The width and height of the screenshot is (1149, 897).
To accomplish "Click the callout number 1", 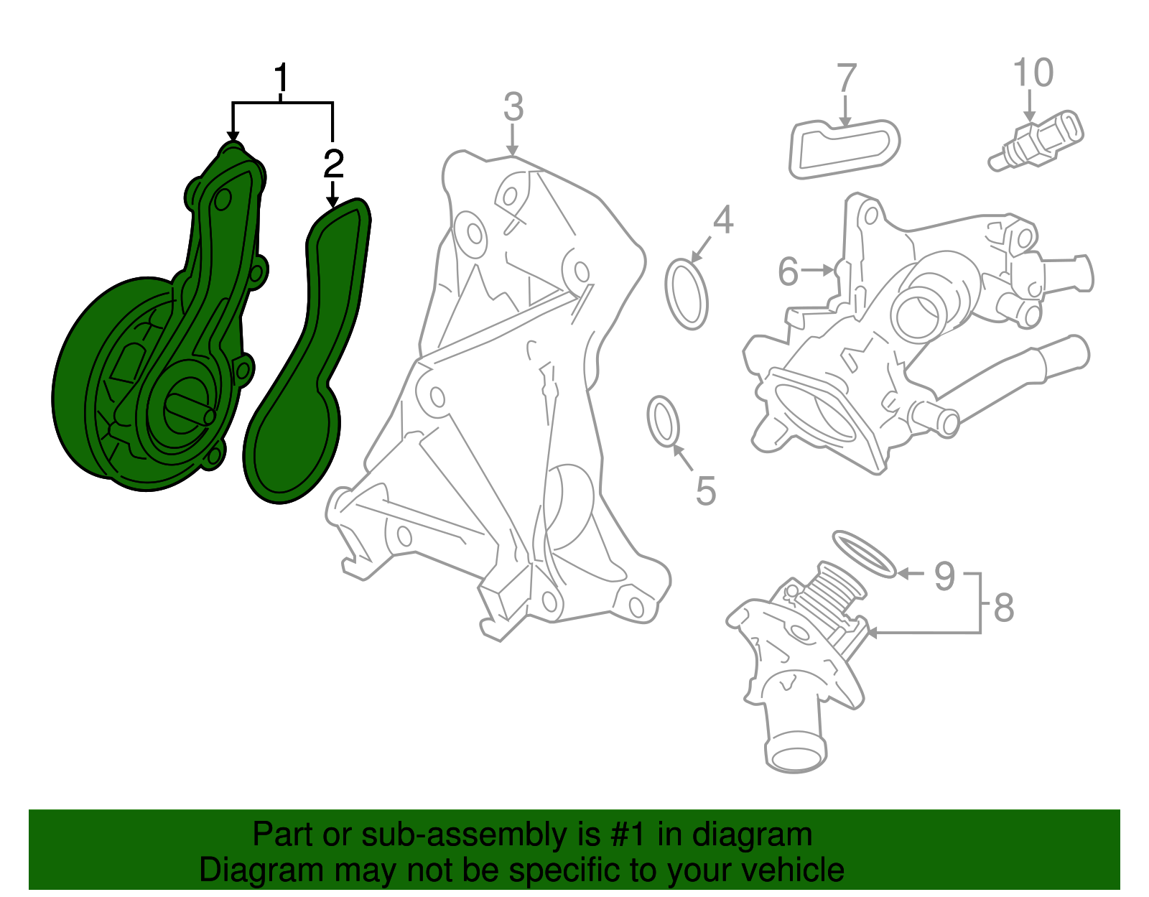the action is [282, 78].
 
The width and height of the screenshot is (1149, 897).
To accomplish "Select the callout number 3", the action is [513, 106].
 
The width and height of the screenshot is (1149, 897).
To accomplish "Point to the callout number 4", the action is [723, 219].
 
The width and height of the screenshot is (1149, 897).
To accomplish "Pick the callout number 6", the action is [788, 271].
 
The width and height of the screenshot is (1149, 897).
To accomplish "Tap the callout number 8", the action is [1004, 608].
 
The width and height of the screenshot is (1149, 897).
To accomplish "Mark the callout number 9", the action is [945, 576].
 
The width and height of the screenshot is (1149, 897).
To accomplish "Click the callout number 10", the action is [1033, 73].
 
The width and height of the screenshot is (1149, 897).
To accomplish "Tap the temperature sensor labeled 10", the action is [1036, 141].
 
